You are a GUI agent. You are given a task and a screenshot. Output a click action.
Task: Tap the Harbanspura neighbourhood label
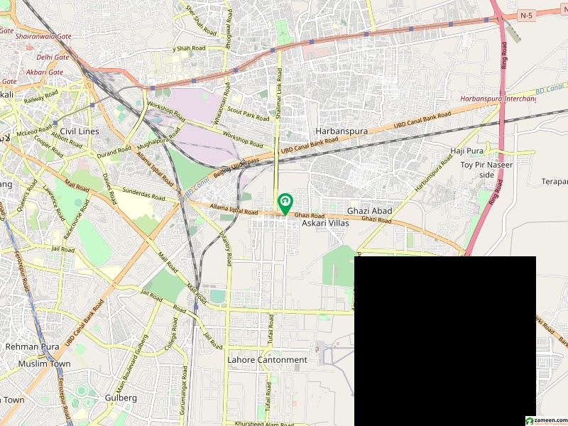coord(341,132)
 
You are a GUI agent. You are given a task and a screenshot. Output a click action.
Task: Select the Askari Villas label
coord(326,223)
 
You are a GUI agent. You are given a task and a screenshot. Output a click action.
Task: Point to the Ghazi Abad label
coord(369,212)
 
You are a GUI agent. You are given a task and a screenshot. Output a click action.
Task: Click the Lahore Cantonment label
coord(267,360)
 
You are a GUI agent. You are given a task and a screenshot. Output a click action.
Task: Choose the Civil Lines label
coord(80,131)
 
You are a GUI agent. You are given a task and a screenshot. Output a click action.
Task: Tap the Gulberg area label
coord(121,398)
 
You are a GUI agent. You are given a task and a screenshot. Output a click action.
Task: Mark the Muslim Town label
coord(45,364)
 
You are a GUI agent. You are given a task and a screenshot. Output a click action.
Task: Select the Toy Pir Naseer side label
coord(486,170)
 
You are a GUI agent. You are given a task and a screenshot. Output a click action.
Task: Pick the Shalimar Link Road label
coord(280,96)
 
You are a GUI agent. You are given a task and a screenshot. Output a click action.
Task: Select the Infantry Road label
coord(225,249)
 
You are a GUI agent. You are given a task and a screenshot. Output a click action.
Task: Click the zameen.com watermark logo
coord(545,420)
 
